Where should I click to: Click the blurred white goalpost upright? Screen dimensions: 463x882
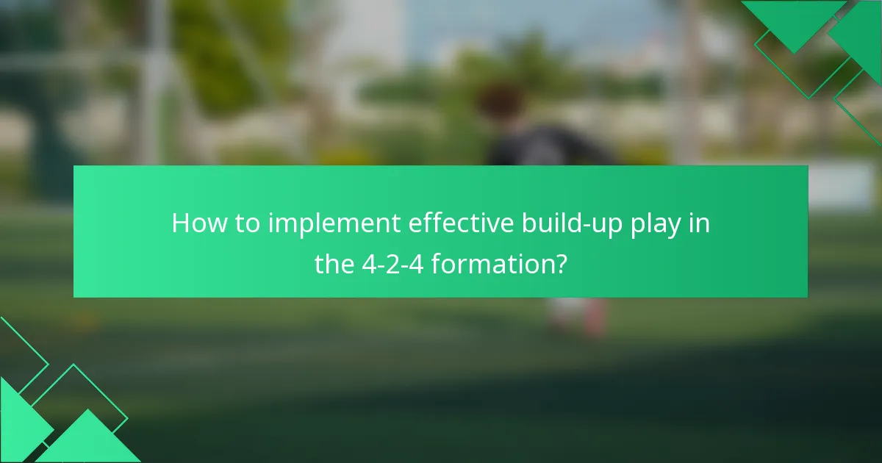154,81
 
